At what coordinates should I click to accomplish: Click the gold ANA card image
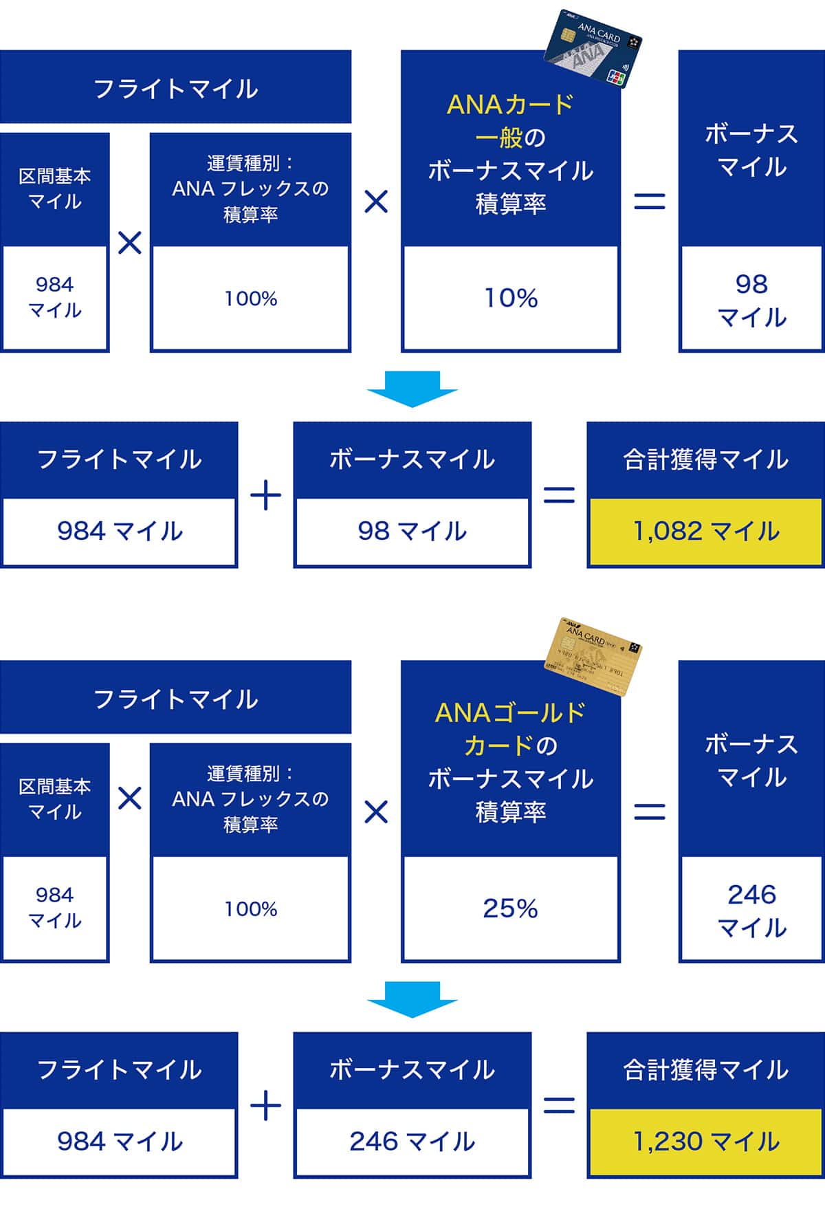[593, 657]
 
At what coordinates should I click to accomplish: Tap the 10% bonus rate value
[511, 298]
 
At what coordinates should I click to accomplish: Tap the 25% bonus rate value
[511, 908]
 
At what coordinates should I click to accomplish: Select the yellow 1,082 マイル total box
[705, 532]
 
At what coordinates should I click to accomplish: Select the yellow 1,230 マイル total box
[705, 1142]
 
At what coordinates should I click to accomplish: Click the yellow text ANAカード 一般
[511, 121]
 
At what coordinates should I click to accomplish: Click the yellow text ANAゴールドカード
[511, 729]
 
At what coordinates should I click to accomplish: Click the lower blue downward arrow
[412, 999]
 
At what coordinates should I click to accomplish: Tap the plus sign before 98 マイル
[266, 496]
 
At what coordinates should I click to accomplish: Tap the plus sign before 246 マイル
[266, 1106]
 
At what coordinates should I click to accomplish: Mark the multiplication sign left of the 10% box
[376, 201]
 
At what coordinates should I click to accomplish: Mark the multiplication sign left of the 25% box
[376, 812]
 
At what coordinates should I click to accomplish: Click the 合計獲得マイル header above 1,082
[705, 459]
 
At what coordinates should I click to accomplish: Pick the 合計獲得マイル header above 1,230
[705, 1069]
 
